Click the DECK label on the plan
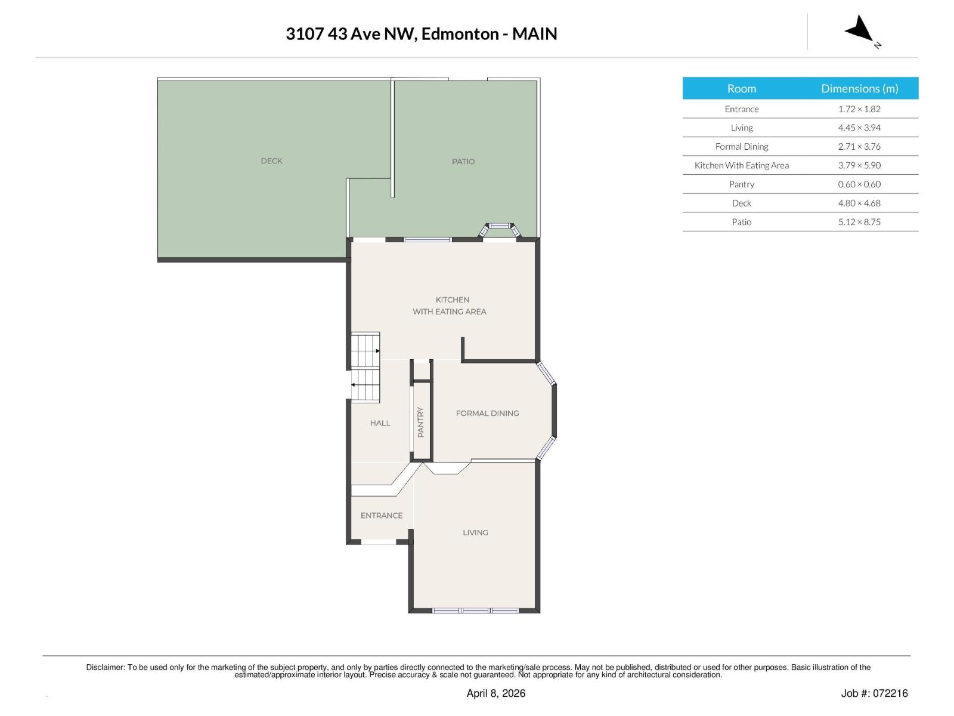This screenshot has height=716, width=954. (x=271, y=161)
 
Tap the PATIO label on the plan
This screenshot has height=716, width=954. (x=463, y=162)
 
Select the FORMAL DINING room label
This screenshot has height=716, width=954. (x=487, y=413)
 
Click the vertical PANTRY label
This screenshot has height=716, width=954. (x=420, y=422)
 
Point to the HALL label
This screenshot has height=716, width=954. (x=380, y=423)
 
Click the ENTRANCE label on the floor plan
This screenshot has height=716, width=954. (x=382, y=516)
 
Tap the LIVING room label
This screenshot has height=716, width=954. (x=475, y=532)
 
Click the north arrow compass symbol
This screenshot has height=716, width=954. (x=860, y=30)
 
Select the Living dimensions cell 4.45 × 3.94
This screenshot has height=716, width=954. (x=859, y=128)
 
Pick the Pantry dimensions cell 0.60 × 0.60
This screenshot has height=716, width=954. (x=859, y=184)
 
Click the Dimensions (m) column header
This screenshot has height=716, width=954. (x=859, y=88)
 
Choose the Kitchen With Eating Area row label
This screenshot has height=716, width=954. (x=741, y=165)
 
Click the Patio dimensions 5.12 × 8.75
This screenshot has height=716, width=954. (x=859, y=222)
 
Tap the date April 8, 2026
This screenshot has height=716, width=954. (x=495, y=693)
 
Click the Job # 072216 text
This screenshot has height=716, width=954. (x=874, y=693)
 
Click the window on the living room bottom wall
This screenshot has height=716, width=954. (x=475, y=610)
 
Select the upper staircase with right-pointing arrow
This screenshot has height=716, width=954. (x=365, y=350)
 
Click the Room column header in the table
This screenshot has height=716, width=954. (x=741, y=88)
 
